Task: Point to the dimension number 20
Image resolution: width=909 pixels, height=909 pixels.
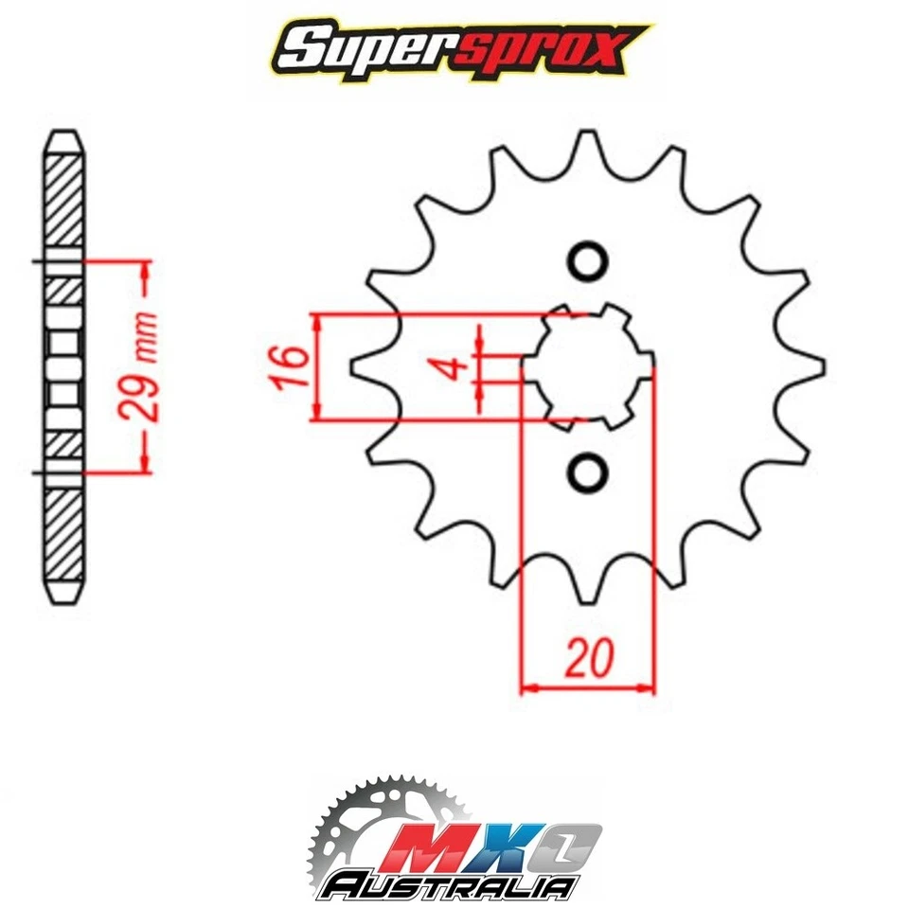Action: click(589, 658)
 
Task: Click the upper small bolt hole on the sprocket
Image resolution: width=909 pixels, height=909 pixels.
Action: click(587, 259)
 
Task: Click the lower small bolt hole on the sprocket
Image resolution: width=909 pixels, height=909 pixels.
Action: click(587, 470)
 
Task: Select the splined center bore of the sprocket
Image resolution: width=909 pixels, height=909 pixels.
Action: click(587, 365)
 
